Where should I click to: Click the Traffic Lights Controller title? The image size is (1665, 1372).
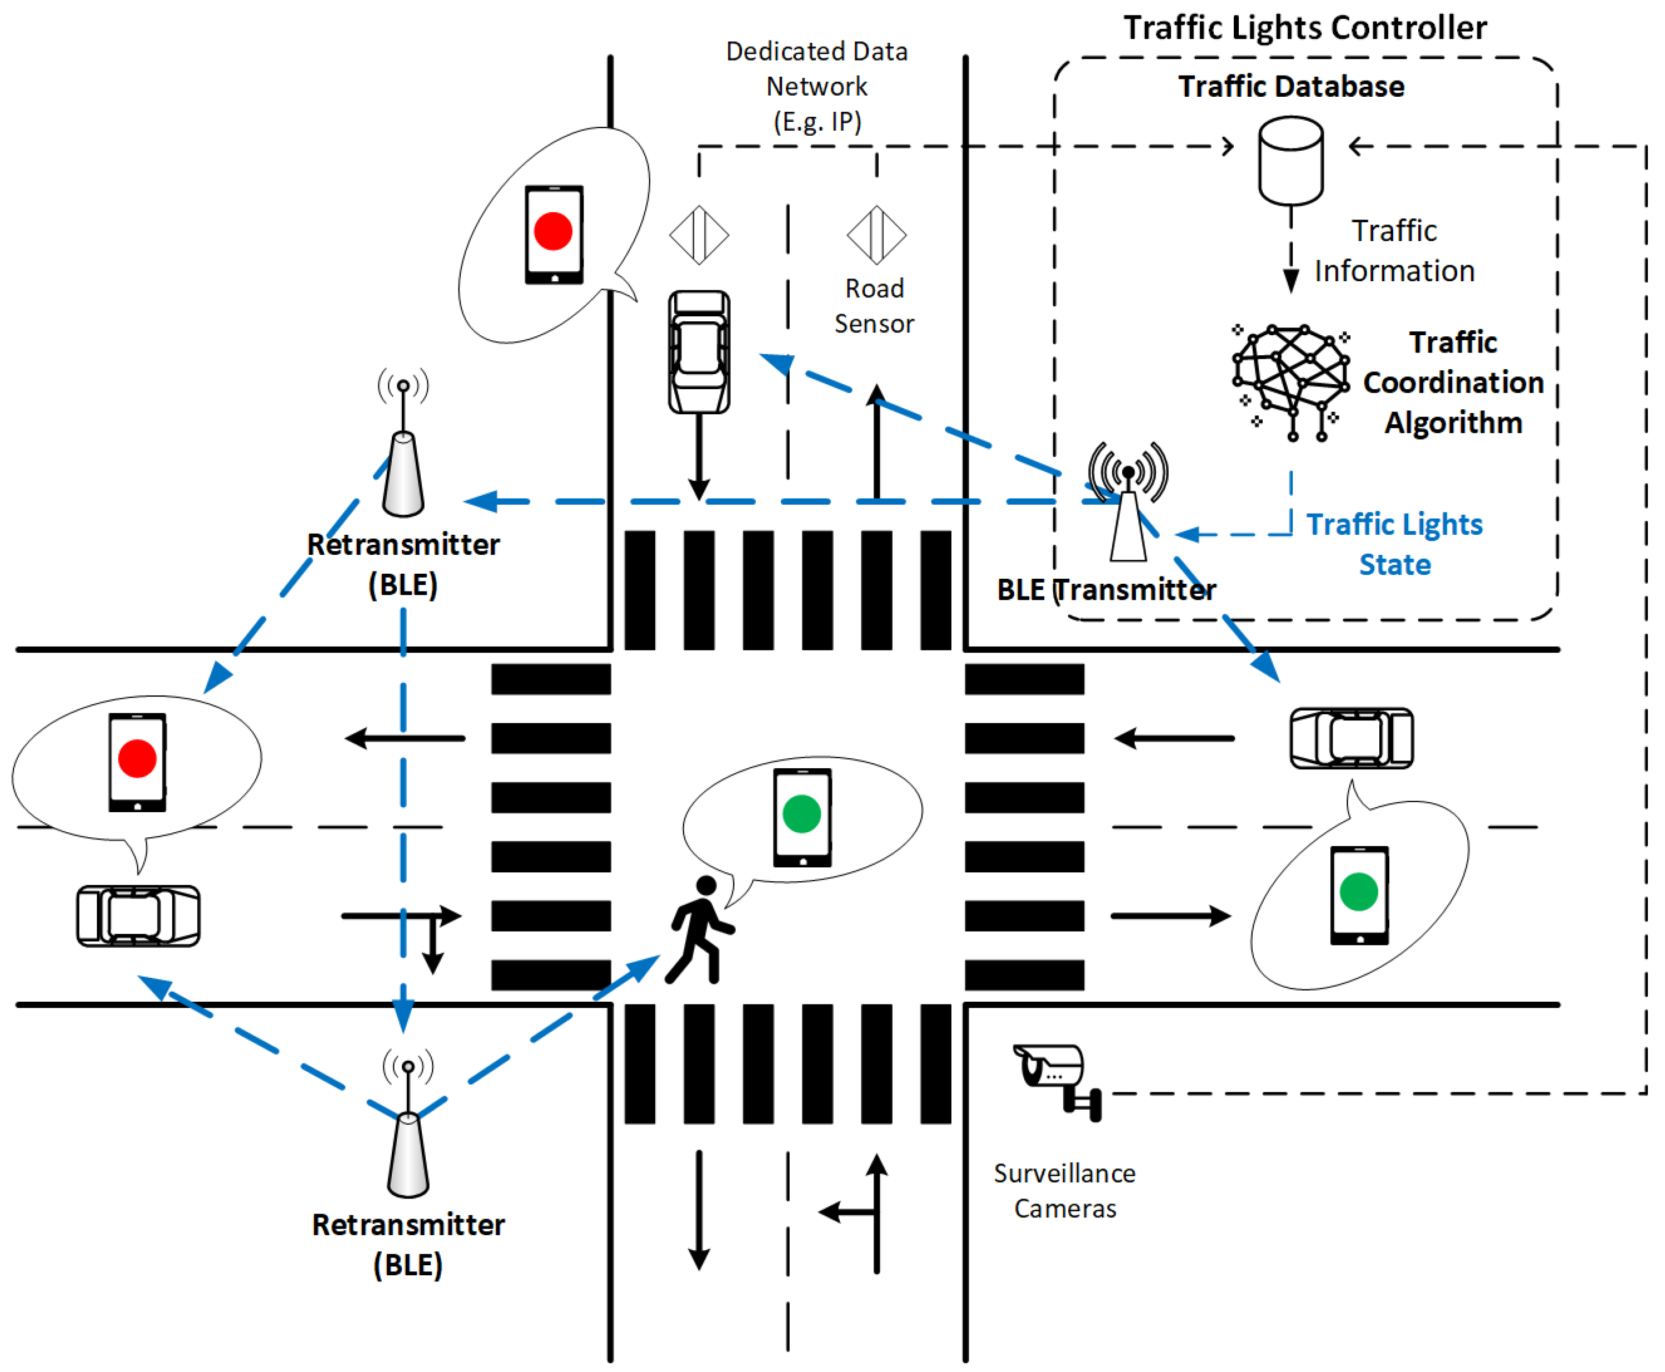[1305, 28]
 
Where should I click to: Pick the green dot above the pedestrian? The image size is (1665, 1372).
[802, 814]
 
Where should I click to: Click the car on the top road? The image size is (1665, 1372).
[699, 352]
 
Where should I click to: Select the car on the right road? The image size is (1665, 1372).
[1352, 738]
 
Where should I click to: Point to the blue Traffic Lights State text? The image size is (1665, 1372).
[1394, 544]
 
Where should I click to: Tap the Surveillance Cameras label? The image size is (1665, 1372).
[1065, 1190]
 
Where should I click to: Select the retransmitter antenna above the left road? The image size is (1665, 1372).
[403, 443]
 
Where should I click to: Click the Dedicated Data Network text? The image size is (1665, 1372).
[817, 86]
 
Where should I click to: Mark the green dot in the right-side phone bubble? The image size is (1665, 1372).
[1359, 892]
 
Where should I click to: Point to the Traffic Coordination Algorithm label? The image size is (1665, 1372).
[1453, 382]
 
